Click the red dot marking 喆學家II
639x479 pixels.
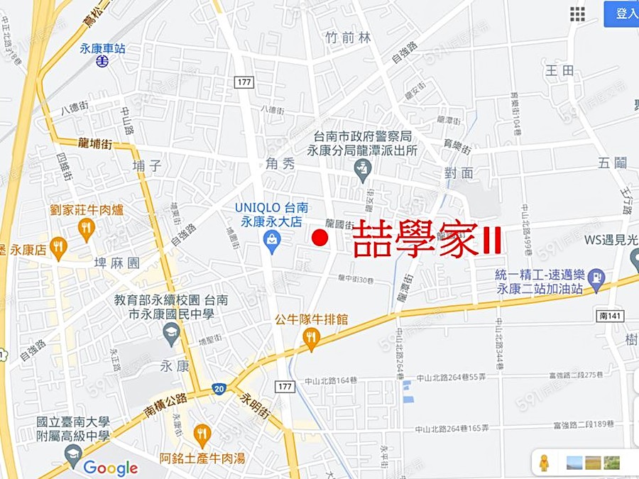pos(320,238)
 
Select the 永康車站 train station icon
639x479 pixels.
pos(103,61)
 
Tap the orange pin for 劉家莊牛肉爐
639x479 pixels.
pos(87,228)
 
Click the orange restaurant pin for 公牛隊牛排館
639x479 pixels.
pos(311,339)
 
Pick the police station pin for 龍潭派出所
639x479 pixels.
pos(363,168)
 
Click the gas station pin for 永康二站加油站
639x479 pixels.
pos(596,277)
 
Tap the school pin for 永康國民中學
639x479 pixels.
pos(171,332)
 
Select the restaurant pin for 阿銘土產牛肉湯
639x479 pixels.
pos(202,434)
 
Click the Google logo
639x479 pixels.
pos(110,468)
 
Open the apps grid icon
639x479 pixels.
pos(577,14)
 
